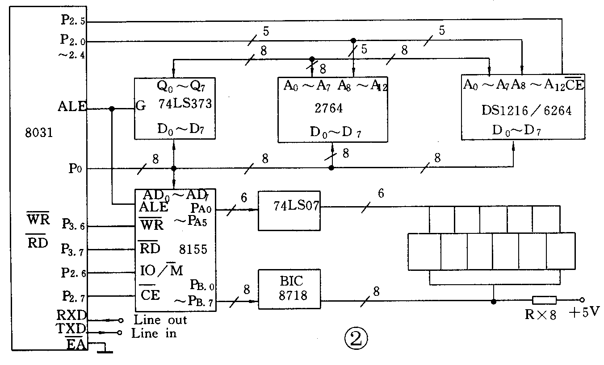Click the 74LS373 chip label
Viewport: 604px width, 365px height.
click(185, 104)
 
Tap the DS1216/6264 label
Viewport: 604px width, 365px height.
click(526, 110)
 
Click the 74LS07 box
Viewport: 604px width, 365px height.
click(289, 211)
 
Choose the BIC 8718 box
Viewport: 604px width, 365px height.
click(289, 289)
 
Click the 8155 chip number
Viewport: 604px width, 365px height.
click(193, 249)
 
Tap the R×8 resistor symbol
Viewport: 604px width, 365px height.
click(544, 300)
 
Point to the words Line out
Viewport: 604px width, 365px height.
click(160, 320)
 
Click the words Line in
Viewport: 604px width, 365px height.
click(154, 333)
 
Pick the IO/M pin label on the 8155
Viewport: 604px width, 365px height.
click(161, 270)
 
